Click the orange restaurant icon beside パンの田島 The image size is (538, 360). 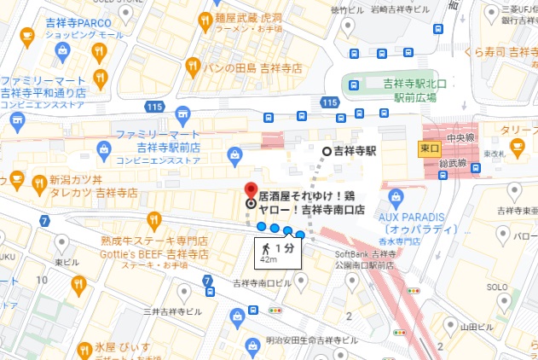tap(194, 66)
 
